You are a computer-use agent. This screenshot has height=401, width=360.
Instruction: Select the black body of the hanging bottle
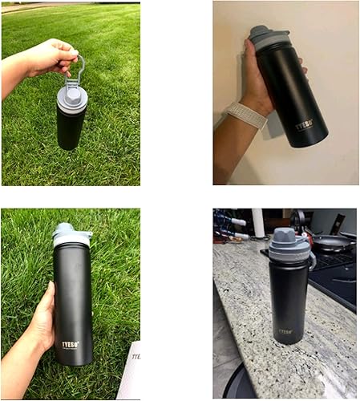point(71,128)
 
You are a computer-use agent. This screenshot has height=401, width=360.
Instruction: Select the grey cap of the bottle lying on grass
point(71,233)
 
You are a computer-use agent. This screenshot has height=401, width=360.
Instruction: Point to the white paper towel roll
point(258,223)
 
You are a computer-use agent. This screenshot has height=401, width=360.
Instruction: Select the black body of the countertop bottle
point(288,301)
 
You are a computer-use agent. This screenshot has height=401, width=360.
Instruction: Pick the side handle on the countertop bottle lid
point(311,260)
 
